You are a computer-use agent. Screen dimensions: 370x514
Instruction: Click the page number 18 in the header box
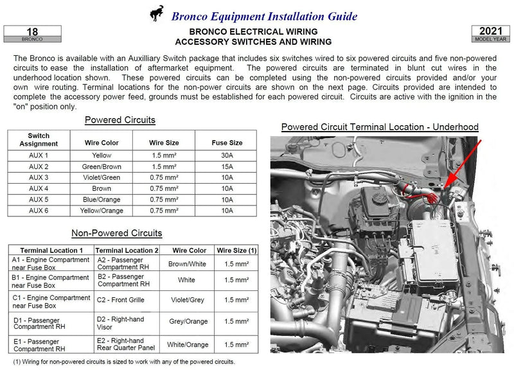point(32,31)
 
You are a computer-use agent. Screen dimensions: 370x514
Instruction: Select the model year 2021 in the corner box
point(490,31)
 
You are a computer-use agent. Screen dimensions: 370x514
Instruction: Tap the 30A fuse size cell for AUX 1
point(227,155)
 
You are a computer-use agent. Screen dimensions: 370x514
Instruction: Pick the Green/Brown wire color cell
point(101,166)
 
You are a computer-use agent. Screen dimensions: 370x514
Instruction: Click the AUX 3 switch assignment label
point(39,177)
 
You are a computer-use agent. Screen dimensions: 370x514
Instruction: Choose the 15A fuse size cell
point(227,166)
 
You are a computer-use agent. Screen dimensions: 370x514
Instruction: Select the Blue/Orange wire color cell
point(101,199)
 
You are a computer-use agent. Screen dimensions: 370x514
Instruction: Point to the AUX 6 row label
point(39,210)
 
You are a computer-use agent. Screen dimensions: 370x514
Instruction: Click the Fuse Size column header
point(227,143)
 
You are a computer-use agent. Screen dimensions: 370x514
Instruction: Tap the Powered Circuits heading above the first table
point(120,120)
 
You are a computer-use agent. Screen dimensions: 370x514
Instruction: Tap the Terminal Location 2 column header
point(126,250)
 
